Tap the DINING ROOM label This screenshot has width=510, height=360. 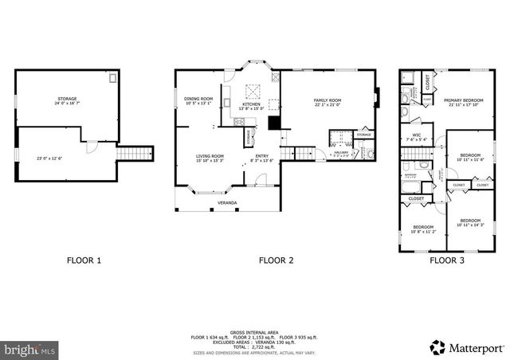(198, 100)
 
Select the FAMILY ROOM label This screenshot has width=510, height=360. (328, 100)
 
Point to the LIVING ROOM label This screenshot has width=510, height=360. (210, 157)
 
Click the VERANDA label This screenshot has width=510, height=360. (227, 202)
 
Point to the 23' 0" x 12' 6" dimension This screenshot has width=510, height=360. (49, 157)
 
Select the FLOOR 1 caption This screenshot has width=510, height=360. (84, 260)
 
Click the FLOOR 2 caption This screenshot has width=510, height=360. (276, 260)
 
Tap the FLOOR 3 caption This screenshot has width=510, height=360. (447, 260)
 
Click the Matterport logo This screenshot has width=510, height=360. (467, 347)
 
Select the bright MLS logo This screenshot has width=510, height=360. (29, 349)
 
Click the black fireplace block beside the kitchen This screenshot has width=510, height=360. (274, 123)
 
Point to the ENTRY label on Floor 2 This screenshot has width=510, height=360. (261, 157)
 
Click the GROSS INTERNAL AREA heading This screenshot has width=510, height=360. (253, 331)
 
